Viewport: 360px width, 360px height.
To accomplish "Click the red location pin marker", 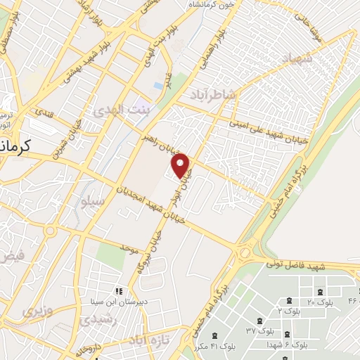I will (181, 166).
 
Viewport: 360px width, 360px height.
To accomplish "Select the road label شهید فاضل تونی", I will (295, 266).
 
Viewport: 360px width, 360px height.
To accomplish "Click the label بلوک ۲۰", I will (321, 302).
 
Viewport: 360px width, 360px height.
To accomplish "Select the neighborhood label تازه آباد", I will (148, 340).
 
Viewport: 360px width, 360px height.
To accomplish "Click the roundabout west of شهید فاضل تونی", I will (245, 252).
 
